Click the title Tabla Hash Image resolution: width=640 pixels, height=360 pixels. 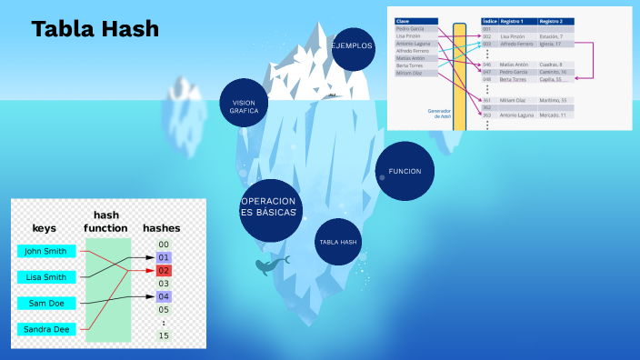click(x=95, y=29)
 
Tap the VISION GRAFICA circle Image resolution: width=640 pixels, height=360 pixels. click(x=245, y=105)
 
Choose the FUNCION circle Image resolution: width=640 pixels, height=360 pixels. click(x=405, y=171)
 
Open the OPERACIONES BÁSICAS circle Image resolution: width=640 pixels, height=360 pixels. click(x=270, y=206)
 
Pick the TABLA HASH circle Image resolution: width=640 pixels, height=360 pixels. click(x=339, y=242)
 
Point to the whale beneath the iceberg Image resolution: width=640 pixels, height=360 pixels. click(x=270, y=265)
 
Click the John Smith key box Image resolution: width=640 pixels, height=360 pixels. click(x=45, y=251)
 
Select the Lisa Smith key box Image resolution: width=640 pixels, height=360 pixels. click(x=45, y=277)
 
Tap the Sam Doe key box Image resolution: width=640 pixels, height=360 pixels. click(x=45, y=303)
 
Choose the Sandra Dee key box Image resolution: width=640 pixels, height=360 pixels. click(x=45, y=329)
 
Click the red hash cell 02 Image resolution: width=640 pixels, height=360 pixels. click(x=164, y=270)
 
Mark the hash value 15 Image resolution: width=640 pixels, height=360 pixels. click(x=164, y=335)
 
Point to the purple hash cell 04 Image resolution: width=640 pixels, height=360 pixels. click(x=164, y=296)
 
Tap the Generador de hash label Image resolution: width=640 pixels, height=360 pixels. click(x=440, y=114)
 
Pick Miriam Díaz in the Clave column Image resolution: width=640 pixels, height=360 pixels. click(x=410, y=73)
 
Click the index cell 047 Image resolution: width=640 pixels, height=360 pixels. click(x=487, y=72)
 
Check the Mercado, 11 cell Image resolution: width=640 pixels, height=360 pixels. click(x=551, y=115)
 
